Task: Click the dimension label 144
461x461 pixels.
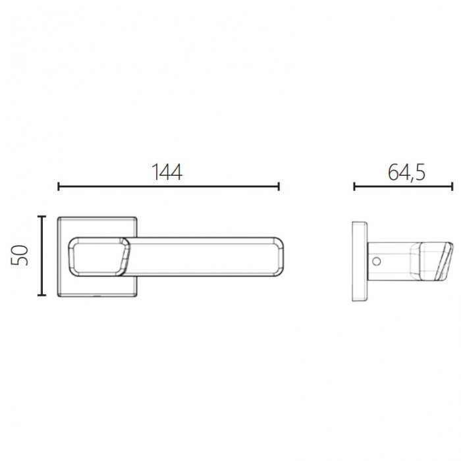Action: pos(167,172)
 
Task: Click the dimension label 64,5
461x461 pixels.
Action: pos(406,173)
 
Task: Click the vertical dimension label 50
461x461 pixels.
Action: pos(19,256)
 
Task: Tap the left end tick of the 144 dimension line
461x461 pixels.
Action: pos(59,186)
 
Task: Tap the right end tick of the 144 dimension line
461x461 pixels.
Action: pos(279,186)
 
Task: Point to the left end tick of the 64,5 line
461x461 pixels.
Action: pos(354,186)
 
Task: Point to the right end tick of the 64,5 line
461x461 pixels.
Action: pos(452,186)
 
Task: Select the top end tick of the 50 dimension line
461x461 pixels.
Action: pos(41,217)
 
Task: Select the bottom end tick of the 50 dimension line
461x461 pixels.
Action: pos(41,294)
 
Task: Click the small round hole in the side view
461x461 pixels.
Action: pos(376,261)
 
